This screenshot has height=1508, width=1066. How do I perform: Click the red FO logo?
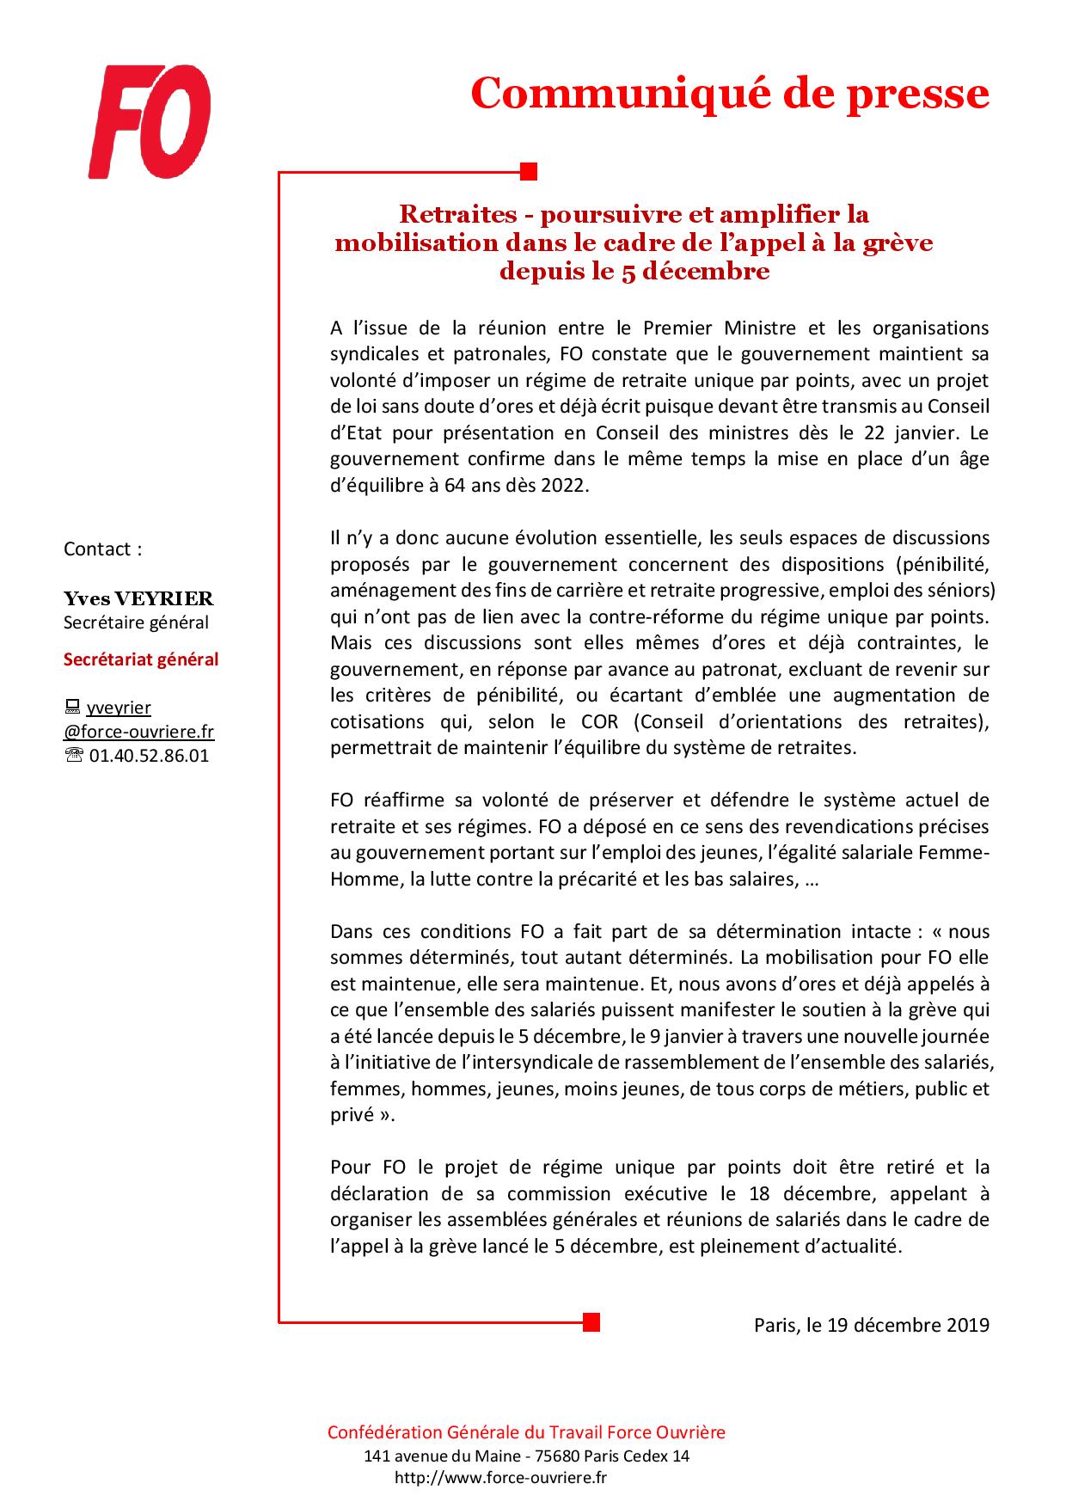point(150,122)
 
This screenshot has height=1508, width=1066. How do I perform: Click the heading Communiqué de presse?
point(730,93)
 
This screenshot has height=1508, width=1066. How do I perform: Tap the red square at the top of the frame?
point(530,171)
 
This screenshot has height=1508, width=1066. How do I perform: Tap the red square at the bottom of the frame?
point(590,1321)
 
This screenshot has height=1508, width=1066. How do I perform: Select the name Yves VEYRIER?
point(138,598)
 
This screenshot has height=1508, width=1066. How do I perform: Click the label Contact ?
point(103,549)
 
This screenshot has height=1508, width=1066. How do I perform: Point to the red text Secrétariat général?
point(141,659)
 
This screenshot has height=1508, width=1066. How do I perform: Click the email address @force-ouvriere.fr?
point(139,732)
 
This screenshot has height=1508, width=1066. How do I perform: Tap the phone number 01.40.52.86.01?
point(149,756)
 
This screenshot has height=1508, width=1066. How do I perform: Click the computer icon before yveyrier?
point(72,708)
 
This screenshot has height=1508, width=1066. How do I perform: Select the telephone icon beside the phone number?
point(74,756)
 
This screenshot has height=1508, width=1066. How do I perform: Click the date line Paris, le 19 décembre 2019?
point(872,1325)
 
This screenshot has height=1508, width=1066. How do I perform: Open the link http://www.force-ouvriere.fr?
point(501,1478)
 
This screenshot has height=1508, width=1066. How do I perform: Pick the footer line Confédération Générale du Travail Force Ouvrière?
point(526,1432)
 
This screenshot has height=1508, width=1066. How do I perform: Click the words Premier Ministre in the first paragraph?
point(696,328)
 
